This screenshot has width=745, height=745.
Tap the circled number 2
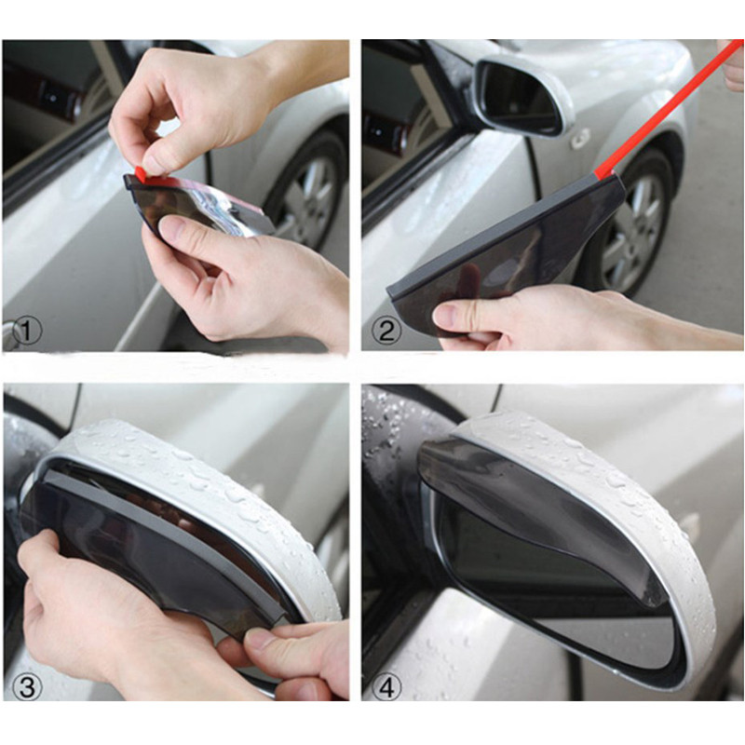386,329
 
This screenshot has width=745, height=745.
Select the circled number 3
27,688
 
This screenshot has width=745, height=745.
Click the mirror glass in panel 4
559,596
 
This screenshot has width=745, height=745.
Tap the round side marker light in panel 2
580,138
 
